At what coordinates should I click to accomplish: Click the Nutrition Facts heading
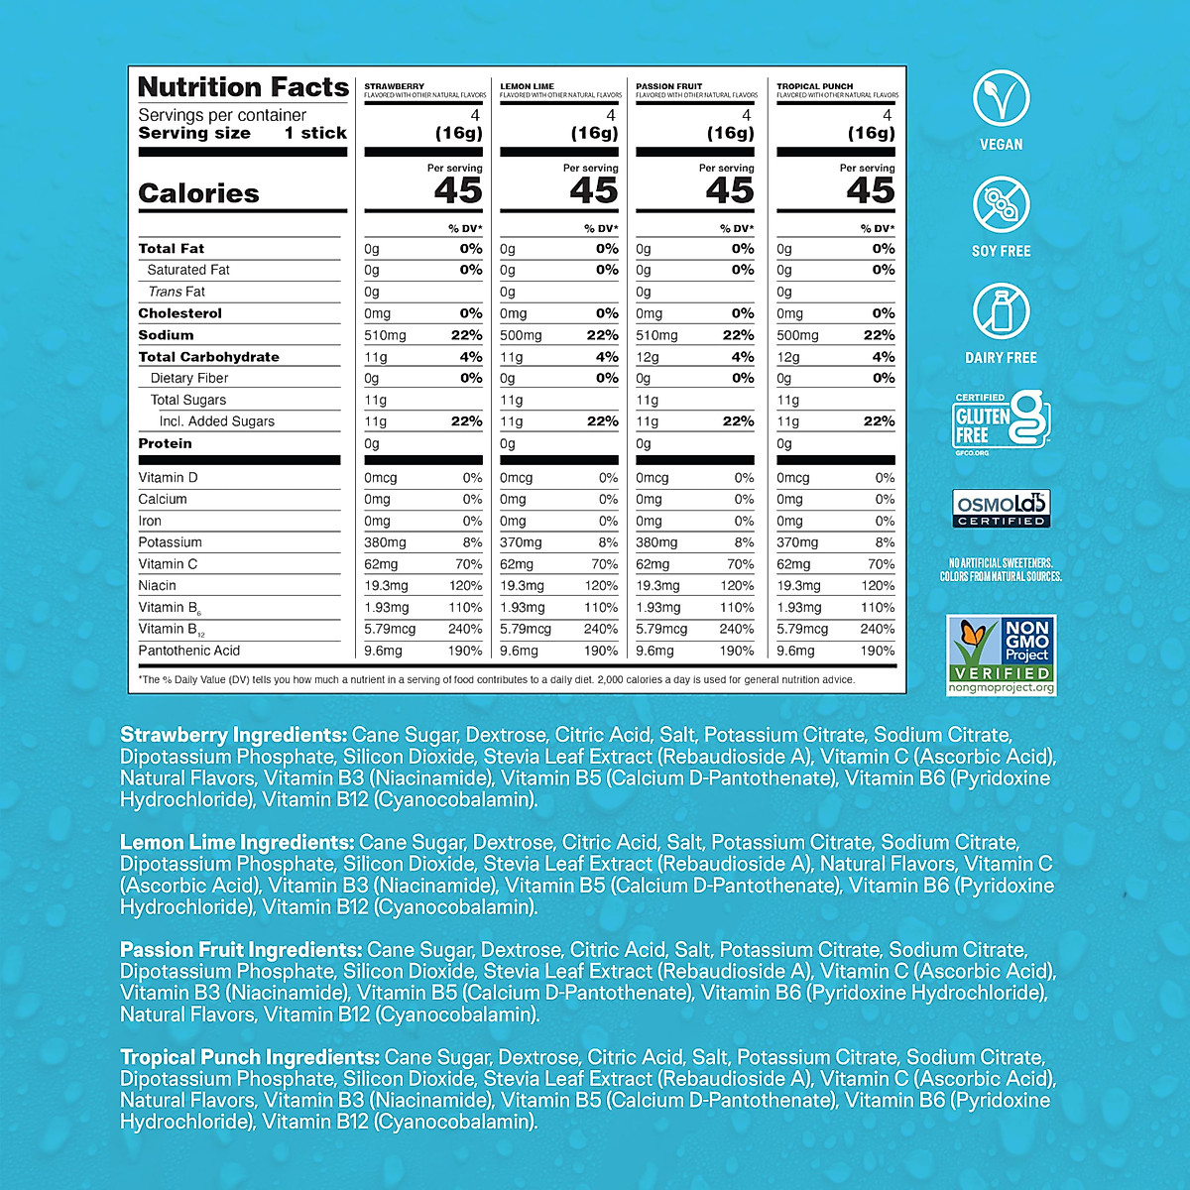(x=243, y=87)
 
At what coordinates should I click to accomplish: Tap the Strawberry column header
(x=395, y=86)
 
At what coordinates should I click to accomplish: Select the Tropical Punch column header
(x=815, y=86)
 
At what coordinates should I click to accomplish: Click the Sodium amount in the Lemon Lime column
(x=521, y=335)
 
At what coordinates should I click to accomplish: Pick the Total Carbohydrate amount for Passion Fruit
(x=648, y=357)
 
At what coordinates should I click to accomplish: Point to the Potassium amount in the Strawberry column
(x=386, y=542)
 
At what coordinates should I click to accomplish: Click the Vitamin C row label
(x=168, y=564)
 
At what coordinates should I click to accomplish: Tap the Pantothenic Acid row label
(x=189, y=651)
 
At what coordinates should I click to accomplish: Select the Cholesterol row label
(x=179, y=313)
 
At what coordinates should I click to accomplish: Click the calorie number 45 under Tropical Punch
(x=870, y=190)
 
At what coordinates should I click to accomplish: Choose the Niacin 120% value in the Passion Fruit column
(x=737, y=586)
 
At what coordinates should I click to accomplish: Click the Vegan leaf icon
(x=1001, y=98)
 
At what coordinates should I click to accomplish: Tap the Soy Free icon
(x=1001, y=205)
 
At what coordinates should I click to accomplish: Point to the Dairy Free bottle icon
(x=1001, y=311)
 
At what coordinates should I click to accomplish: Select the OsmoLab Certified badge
(x=1001, y=509)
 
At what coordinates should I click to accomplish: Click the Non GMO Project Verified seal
(x=1001, y=654)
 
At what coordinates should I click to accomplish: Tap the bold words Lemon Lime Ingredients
(x=237, y=842)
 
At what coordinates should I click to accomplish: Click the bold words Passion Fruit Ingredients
(x=241, y=949)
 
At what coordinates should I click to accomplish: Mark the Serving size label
(x=194, y=133)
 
